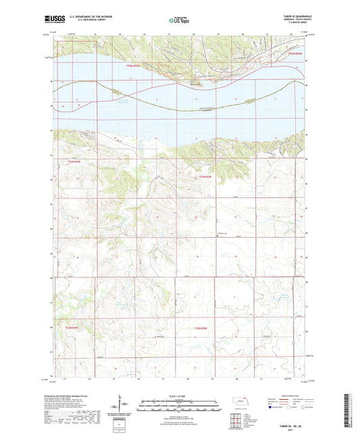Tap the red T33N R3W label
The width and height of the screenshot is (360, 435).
tap(74, 162)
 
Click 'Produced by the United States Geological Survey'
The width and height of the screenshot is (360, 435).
tap(74, 394)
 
